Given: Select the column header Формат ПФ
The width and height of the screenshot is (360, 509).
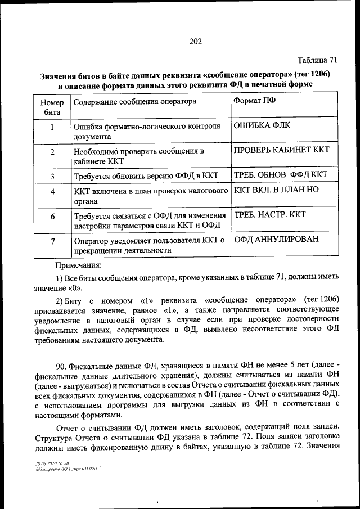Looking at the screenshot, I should pos(254,101).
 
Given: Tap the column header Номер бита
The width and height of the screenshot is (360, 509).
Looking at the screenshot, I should pos(52,107).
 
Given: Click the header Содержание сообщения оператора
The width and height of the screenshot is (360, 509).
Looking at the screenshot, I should pos(134,102).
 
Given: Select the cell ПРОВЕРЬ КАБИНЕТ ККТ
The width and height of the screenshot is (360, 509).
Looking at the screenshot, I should pos(281,150).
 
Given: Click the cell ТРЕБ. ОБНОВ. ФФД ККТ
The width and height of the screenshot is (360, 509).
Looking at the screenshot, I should pos(280,174).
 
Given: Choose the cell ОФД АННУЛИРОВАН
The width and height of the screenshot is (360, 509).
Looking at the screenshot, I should pos(276,239).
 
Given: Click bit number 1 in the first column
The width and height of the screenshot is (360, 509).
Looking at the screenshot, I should pos(52,128).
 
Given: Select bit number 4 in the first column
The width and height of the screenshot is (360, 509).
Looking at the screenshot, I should pos(52,192).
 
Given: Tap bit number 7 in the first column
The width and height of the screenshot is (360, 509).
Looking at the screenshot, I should pos(52,242).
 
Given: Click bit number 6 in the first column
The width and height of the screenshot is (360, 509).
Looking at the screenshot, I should pos(52,217).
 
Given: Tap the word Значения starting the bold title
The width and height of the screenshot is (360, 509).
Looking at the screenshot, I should pos(62,75).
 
